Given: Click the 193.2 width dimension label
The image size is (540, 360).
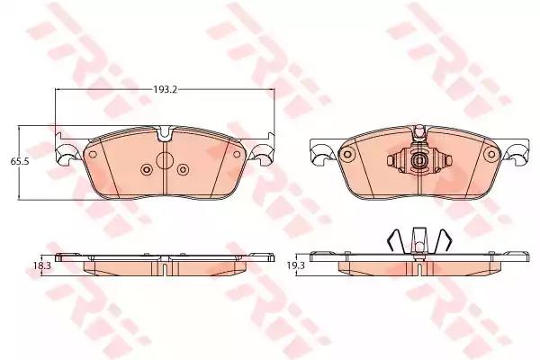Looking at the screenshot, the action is point(165,90).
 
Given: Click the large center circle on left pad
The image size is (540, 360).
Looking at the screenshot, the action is point(165,160).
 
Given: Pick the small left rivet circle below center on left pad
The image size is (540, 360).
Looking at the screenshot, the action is point(147,169).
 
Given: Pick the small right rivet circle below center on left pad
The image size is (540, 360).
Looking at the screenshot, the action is point(183,169).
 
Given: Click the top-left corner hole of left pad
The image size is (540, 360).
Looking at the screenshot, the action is point(93,154).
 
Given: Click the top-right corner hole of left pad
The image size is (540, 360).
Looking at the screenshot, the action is point(237,154).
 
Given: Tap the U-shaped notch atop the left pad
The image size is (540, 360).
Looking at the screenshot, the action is point(165,134).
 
